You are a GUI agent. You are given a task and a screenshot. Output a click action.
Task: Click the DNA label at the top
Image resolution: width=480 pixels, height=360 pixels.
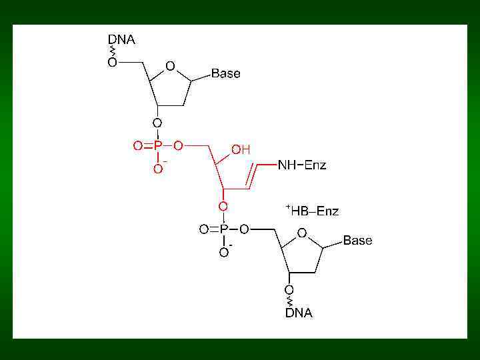point(121,39)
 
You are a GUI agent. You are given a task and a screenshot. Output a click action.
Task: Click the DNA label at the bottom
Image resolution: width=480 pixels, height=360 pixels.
point(299,313)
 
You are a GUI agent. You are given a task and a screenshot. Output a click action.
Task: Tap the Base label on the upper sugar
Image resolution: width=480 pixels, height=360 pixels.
point(225,74)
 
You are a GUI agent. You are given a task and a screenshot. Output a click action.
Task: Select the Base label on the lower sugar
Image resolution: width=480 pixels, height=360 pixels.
point(357,241)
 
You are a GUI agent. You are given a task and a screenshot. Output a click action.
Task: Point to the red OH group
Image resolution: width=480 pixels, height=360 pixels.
point(241,151)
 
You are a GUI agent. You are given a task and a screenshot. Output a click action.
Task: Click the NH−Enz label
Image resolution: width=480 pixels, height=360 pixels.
point(302,165)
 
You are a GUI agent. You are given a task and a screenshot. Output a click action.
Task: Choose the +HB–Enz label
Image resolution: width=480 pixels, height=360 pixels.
point(313,211)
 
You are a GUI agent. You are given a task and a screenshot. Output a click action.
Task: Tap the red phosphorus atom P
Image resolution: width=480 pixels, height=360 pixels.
point(158,146)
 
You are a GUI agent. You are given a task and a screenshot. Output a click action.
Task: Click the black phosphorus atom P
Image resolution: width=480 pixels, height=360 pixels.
point(224,229)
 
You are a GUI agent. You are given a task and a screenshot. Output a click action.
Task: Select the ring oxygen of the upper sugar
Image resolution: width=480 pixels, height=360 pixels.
point(171,66)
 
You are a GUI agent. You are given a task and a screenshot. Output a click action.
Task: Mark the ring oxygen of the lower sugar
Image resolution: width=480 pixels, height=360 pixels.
point(302,233)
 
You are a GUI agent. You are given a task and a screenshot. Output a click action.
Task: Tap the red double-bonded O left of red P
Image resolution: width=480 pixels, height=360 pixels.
point(138,146)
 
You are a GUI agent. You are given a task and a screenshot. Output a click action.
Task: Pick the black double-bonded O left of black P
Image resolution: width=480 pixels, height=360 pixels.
point(204,229)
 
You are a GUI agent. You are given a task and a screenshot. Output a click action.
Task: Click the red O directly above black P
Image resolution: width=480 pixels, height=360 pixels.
point(224,207)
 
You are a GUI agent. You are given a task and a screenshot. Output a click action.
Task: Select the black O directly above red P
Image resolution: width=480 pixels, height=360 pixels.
point(157,123)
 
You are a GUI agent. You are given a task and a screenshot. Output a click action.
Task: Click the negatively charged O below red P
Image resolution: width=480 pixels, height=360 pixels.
point(158,169)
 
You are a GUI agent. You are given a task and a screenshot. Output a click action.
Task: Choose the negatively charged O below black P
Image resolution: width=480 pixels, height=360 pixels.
point(224,253)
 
